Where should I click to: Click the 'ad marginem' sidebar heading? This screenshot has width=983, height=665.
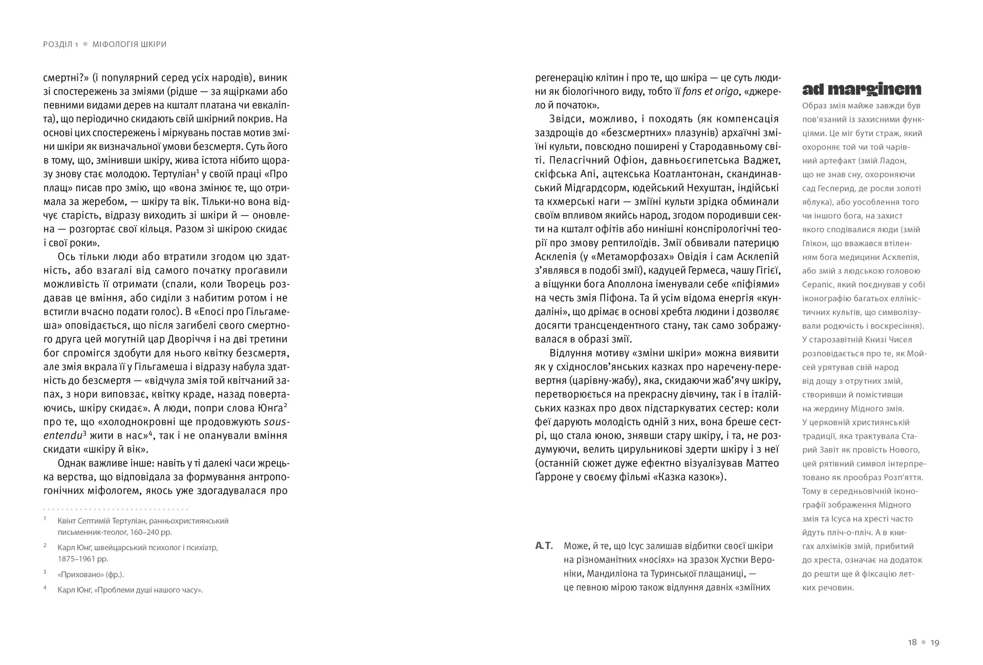861,90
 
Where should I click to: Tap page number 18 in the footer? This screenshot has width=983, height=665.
912,642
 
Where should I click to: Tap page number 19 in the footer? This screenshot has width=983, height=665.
935,642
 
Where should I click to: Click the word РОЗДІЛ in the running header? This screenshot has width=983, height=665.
58,45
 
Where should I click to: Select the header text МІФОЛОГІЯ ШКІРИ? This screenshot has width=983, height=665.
130,45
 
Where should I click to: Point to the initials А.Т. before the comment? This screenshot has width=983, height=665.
544,546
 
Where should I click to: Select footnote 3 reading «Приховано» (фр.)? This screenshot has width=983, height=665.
91,574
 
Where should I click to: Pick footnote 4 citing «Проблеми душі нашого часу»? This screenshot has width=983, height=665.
130,590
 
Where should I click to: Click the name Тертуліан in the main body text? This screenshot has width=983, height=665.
169,174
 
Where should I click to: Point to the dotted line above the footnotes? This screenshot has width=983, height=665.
116,509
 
